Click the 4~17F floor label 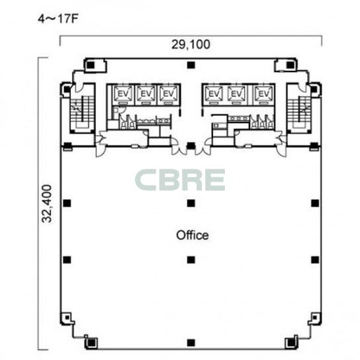[x=58, y=19]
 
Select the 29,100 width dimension [x=191, y=44]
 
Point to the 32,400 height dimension [x=47, y=204]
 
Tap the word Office [x=193, y=235]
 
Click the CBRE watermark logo [x=180, y=180]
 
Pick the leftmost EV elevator [x=123, y=94]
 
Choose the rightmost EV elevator [x=263, y=94]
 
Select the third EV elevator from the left [x=169, y=94]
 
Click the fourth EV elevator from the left [x=214, y=94]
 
